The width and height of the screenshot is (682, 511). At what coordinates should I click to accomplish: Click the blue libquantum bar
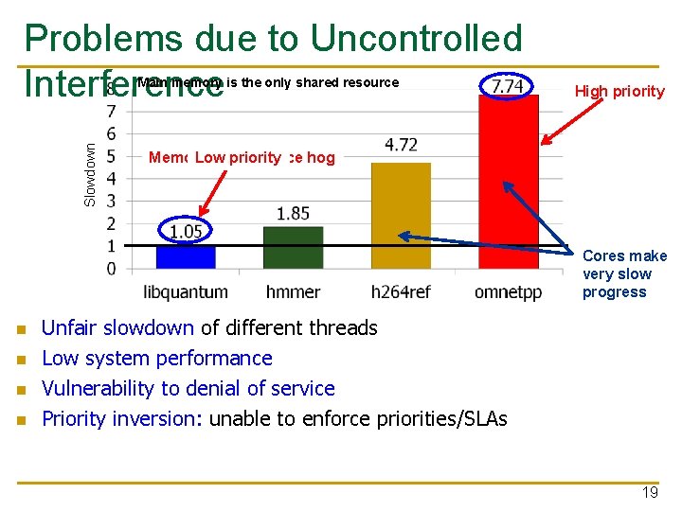point(186,256)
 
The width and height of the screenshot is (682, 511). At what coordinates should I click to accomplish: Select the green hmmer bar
point(293,247)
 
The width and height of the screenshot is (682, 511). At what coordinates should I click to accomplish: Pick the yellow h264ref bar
point(401,215)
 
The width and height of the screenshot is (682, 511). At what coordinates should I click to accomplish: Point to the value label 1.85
point(294,214)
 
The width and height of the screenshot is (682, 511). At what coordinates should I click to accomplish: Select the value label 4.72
point(402,145)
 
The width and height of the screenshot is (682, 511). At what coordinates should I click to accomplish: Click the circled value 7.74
point(507,86)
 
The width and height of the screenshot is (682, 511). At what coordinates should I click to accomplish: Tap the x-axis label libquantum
point(186,292)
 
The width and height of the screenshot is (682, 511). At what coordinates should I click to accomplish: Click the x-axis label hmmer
point(293,292)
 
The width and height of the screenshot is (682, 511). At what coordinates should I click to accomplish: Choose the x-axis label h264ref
point(401,292)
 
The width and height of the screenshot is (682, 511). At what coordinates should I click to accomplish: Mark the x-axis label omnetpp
point(508,292)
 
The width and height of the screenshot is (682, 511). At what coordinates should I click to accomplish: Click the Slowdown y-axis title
point(90,174)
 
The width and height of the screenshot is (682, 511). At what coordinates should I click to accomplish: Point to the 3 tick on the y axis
point(112,201)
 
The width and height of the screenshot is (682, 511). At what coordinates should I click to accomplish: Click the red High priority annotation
point(619,92)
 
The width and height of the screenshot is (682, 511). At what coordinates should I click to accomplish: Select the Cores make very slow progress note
point(624,273)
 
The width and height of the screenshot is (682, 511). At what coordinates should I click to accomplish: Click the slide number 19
point(649,493)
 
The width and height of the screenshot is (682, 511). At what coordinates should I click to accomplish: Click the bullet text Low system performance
point(157,358)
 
